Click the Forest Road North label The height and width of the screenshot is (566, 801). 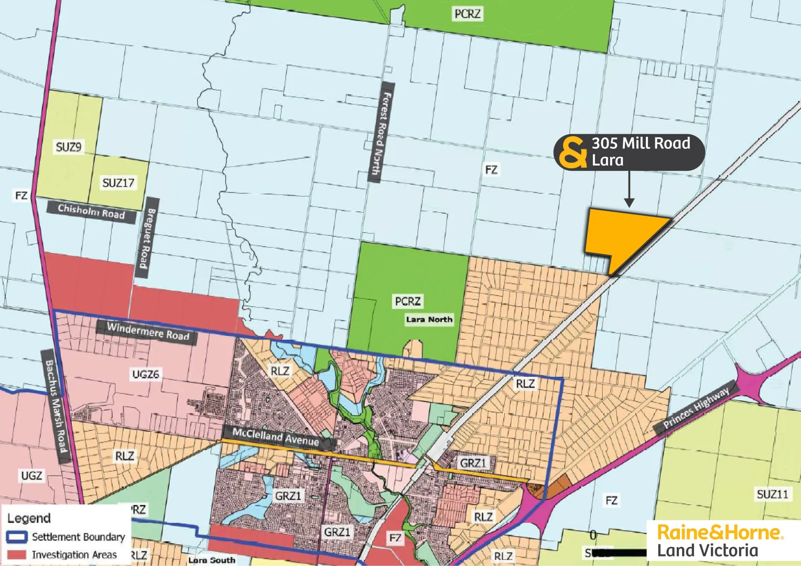coord(381,133)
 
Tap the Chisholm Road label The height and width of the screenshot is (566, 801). coord(92,211)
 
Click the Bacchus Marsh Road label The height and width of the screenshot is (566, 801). coord(56,406)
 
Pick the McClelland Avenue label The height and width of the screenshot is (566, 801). coord(276,437)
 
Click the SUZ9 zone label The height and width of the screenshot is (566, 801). coord(69,147)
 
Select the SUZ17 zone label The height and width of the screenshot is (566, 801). coord(118,183)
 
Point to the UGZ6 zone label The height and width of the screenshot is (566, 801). coord(146,374)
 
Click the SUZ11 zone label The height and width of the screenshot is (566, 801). coord(772,494)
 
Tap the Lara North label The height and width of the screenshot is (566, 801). coord(429,319)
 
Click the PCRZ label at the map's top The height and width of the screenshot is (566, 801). coord(467,14)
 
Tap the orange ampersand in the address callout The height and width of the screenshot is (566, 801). coord(572,153)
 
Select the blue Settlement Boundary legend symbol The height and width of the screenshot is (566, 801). coord(17,537)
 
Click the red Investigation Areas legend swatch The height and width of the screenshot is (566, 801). coord(17,554)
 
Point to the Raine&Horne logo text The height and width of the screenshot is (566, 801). coord(719,532)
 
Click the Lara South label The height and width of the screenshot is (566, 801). coord(212,560)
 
